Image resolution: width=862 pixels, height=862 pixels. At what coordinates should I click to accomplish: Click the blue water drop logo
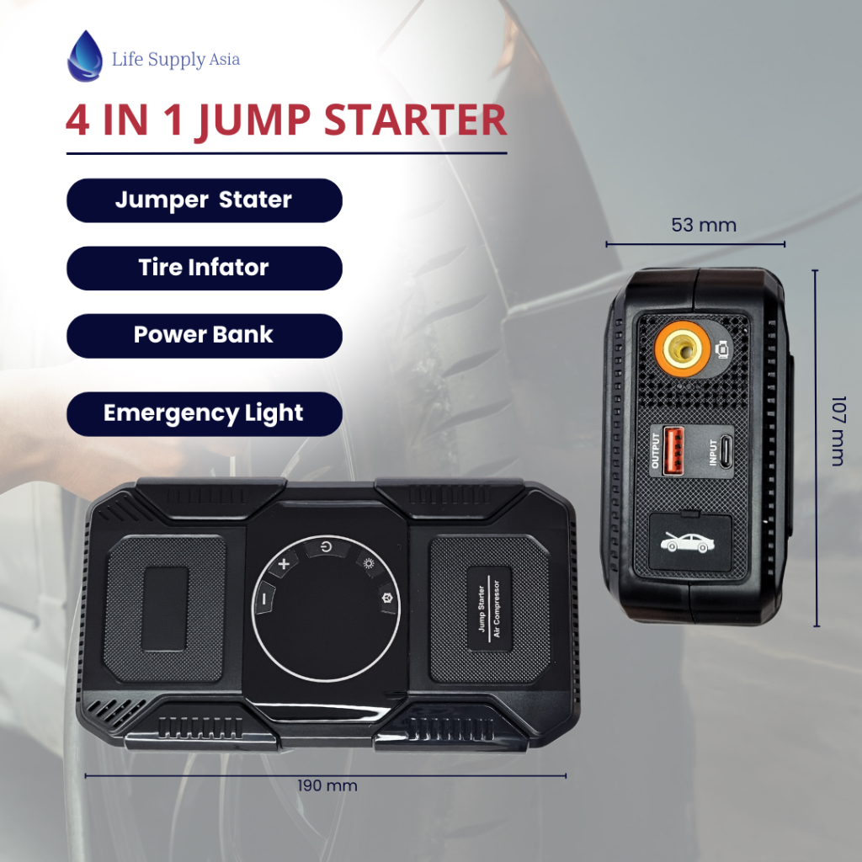85,56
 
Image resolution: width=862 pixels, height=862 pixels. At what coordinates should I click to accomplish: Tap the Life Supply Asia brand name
176,60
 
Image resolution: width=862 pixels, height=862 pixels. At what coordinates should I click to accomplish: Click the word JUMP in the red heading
253,121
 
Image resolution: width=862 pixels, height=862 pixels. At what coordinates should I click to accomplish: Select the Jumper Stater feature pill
205,200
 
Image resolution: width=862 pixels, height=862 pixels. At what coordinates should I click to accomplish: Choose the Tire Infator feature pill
205,269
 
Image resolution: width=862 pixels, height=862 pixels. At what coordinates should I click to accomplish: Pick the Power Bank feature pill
205,336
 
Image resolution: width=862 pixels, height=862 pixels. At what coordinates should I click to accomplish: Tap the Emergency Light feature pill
205,414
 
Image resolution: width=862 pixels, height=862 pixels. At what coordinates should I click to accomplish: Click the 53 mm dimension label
704,225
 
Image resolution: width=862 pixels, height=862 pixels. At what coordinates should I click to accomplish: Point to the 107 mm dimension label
838,430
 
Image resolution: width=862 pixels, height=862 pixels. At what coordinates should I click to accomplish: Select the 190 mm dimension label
327,785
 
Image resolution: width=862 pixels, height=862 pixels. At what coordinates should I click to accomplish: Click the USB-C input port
726,451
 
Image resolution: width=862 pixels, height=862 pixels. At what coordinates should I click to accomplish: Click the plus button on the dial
284,563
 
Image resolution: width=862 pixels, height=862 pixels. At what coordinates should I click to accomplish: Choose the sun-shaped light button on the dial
369,563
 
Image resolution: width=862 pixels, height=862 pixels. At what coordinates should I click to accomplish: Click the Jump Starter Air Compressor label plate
489,609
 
